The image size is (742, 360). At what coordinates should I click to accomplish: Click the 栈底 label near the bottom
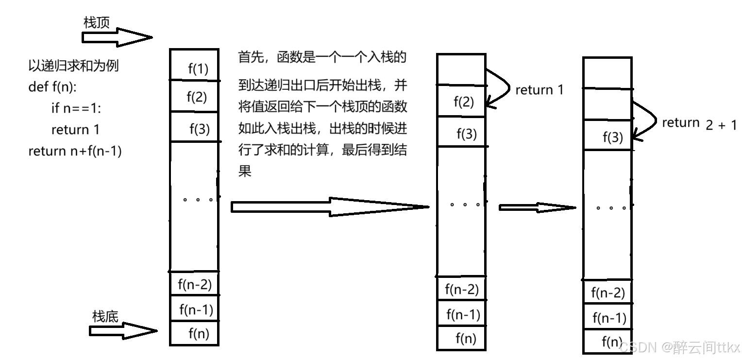coord(105,316)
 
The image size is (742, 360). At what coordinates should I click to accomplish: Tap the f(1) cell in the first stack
coord(198,69)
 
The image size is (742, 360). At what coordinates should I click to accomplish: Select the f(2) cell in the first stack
coord(197,97)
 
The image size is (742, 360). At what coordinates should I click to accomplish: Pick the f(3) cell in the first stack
coord(199,129)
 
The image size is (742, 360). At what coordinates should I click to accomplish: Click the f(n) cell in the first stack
coord(199,333)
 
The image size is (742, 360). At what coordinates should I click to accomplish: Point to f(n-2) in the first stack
coord(195,283)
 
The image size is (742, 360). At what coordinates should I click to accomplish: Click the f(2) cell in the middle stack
coord(464,102)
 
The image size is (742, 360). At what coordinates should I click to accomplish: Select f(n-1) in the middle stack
coord(463,314)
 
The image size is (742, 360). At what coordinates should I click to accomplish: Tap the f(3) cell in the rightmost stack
coord(612,137)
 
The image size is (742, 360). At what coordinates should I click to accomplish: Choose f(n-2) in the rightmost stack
coord(607,293)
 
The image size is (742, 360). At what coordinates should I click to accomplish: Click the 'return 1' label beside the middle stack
coord(539,90)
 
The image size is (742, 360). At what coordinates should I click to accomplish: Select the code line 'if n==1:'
coord(75,108)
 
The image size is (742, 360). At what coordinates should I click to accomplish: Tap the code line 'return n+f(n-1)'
coord(75,151)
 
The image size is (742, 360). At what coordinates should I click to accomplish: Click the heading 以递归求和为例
coord(73,66)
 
